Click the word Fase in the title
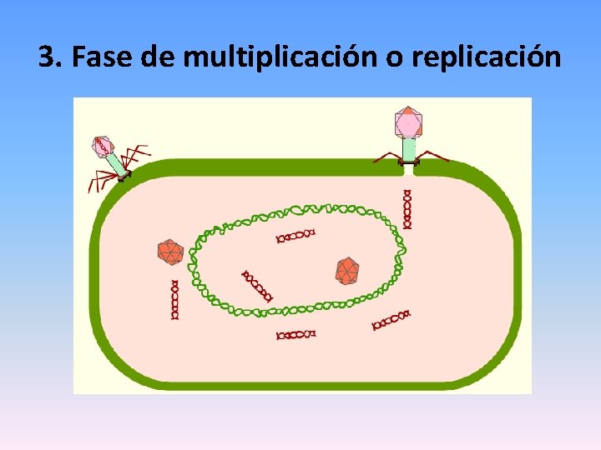click(98, 57)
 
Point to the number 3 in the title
click(46, 57)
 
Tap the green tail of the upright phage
click(409, 149)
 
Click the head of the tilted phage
click(103, 147)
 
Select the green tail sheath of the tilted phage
click(117, 164)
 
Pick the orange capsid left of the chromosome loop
click(170, 252)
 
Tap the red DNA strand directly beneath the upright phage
click(407, 209)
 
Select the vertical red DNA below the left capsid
click(174, 300)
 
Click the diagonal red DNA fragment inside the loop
click(257, 285)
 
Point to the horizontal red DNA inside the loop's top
click(296, 235)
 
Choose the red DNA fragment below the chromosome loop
click(296, 334)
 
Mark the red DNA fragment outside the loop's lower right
click(391, 319)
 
